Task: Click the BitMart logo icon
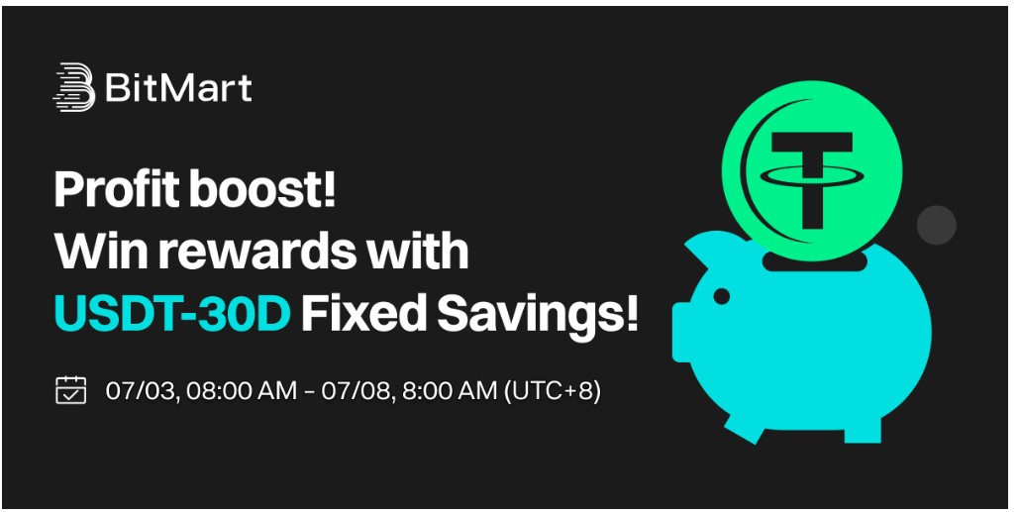pos(73,86)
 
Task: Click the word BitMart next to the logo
pos(178,88)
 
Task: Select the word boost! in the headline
pos(262,189)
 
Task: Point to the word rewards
pos(254,252)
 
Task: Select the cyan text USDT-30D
pos(171,314)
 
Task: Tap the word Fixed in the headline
pos(363,313)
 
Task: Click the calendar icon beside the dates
pos(71,390)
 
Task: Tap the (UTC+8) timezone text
pos(552,391)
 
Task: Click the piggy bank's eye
pos(721,297)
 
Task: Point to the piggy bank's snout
pos(681,332)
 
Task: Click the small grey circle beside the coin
pos(936,225)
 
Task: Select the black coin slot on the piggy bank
pos(814,262)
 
